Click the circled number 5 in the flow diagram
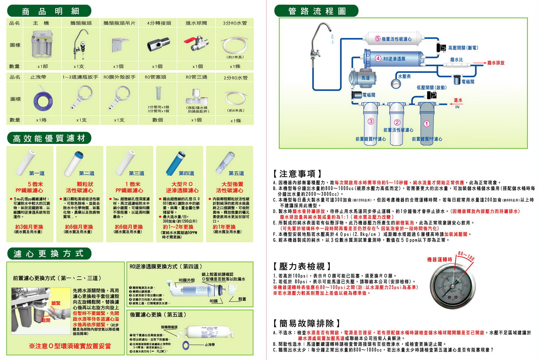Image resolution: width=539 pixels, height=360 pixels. coord(378,38)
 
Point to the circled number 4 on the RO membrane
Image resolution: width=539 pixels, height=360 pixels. coord(378,59)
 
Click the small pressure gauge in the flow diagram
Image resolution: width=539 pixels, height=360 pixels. coord(396,84)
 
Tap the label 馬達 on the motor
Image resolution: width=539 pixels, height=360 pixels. coord(365,78)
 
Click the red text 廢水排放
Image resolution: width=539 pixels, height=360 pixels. coord(496,63)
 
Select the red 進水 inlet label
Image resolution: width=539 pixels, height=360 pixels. coord(458,100)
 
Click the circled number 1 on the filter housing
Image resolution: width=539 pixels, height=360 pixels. coord(427,124)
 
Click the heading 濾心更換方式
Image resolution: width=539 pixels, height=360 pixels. coord(48,254)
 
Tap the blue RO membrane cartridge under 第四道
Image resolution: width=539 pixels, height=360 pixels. coord(176,163)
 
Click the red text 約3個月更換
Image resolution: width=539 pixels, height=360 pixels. coord(29,227)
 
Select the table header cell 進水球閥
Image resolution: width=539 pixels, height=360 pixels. coord(196,23)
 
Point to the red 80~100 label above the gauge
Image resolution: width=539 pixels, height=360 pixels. coord(466,256)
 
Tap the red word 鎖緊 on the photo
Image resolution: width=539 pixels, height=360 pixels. coord(56,303)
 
